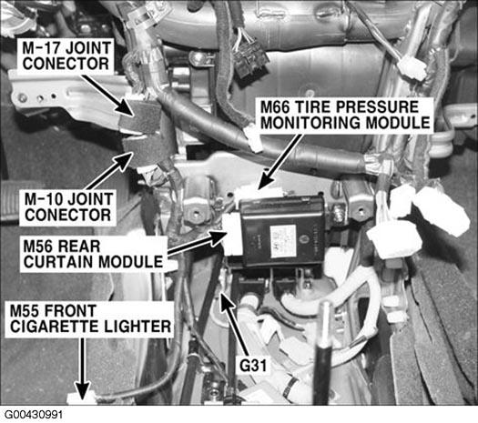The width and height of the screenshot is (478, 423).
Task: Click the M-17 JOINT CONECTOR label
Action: pos(66,56)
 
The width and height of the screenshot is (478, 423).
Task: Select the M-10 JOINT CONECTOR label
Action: pos(67,207)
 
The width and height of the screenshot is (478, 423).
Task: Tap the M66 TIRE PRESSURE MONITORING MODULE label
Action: pos(345,116)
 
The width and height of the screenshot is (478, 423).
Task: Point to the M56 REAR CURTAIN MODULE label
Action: pos(93,255)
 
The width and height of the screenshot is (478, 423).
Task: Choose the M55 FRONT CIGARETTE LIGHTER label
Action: pos(89,319)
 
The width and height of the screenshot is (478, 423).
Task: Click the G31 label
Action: pos(252,366)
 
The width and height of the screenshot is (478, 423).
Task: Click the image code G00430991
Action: pos(34,415)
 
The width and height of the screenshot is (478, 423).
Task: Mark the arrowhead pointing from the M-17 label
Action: pos(127,108)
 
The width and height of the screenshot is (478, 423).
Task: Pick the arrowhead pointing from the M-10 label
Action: pos(124,161)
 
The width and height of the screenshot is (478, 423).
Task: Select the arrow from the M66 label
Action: pos(279,162)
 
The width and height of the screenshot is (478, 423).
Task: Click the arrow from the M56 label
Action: pos(197,244)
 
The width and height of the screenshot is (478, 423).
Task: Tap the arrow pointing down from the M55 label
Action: pos(82,369)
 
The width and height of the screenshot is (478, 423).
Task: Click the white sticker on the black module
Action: pos(283,241)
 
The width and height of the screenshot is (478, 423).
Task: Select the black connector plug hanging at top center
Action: pos(250,61)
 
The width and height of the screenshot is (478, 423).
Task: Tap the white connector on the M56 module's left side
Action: pos(232,233)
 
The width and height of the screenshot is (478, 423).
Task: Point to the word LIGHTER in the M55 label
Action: pos(137,327)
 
